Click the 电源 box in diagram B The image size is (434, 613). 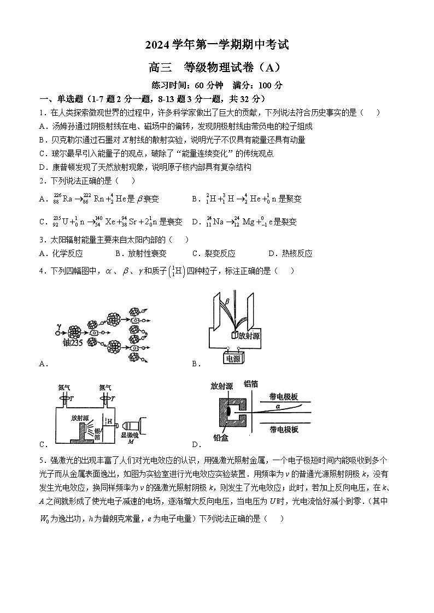[235, 358]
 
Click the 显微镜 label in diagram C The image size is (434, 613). [130, 435]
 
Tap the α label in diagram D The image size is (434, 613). [278, 407]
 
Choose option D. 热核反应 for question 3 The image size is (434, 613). [290, 253]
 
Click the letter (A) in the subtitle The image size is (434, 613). [271, 67]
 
